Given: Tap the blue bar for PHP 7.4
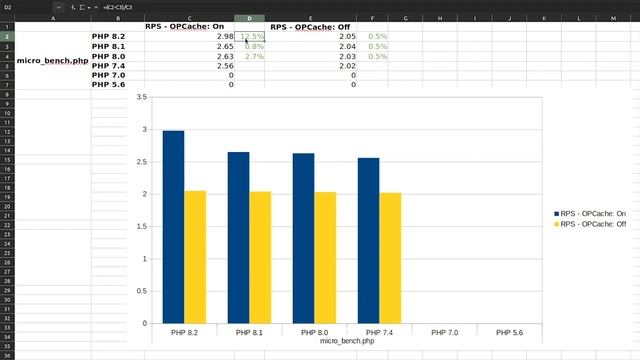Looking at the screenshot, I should coord(368,241).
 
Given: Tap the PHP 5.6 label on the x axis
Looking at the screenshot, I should coord(510,332).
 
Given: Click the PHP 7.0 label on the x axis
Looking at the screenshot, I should coord(445,332).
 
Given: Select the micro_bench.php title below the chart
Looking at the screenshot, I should coord(347,341).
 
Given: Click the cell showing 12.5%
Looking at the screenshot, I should coord(252,36).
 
